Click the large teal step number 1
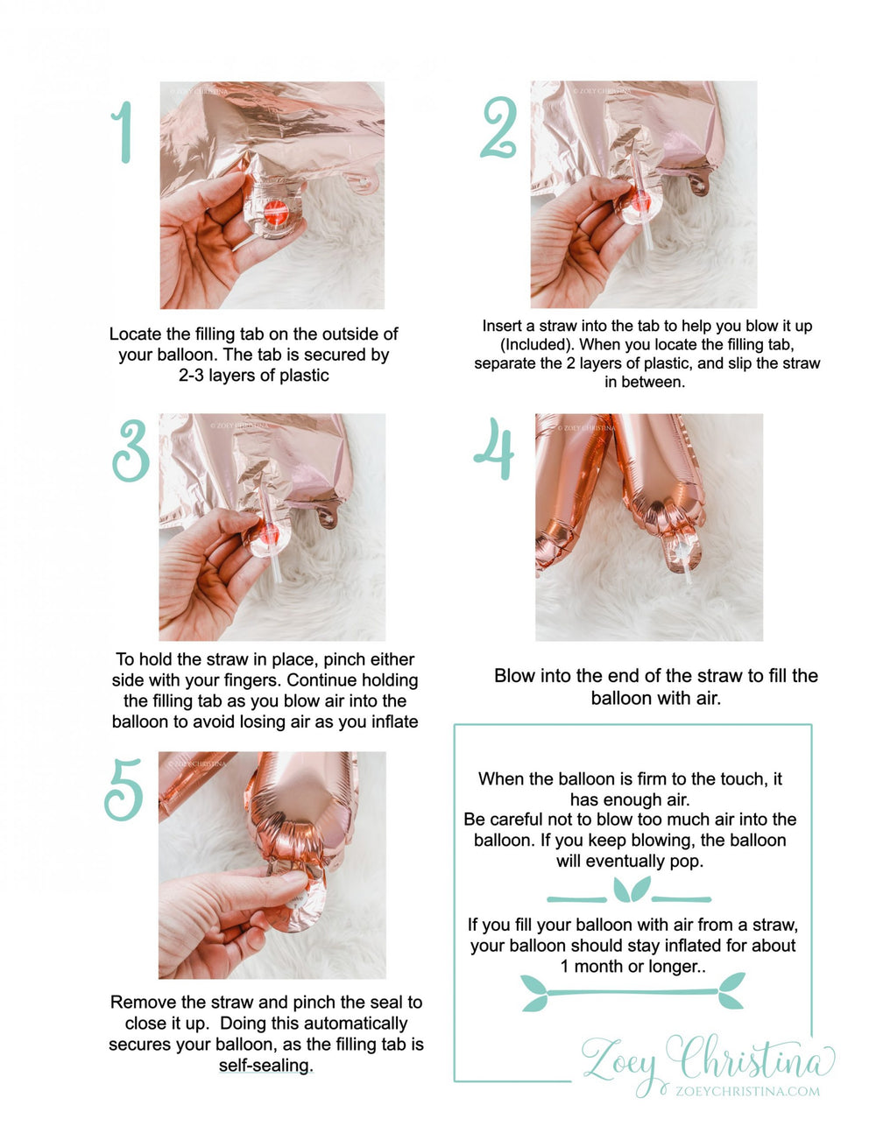click(123, 131)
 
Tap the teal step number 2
click(499, 127)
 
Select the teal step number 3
click(131, 451)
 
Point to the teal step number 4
click(494, 448)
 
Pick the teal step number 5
click(124, 790)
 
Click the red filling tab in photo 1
click(276, 212)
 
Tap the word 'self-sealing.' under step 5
click(266, 1066)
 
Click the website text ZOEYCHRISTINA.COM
click(748, 1091)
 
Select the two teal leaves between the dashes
click(632, 890)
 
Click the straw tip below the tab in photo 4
click(689, 579)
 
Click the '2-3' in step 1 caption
click(191, 376)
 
